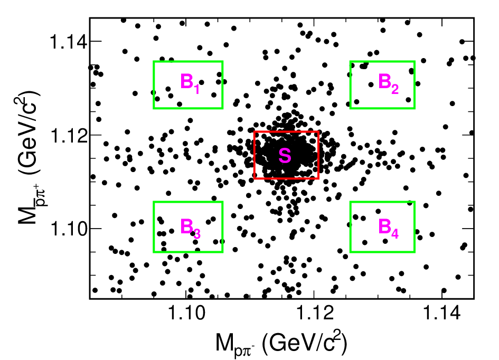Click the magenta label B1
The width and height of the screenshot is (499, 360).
point(190,83)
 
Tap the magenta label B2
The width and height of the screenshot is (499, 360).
point(388,83)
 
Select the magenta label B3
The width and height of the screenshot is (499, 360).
point(190,229)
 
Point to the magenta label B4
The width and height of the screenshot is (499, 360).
point(388,229)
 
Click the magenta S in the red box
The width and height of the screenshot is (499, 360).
point(285,156)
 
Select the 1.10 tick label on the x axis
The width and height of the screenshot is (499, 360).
point(186,313)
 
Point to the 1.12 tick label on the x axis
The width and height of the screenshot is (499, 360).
point(314,313)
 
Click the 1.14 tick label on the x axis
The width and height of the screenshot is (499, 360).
point(442,313)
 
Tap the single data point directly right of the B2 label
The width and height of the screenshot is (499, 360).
point(408,100)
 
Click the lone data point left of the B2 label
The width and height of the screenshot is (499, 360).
point(371,84)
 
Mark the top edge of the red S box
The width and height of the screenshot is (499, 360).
point(286,131)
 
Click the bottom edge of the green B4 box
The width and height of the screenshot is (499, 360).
point(382,252)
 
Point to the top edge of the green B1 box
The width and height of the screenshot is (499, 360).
point(188,61)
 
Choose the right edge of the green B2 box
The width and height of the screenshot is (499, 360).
point(415,84)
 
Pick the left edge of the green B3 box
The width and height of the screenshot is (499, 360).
point(154,227)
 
